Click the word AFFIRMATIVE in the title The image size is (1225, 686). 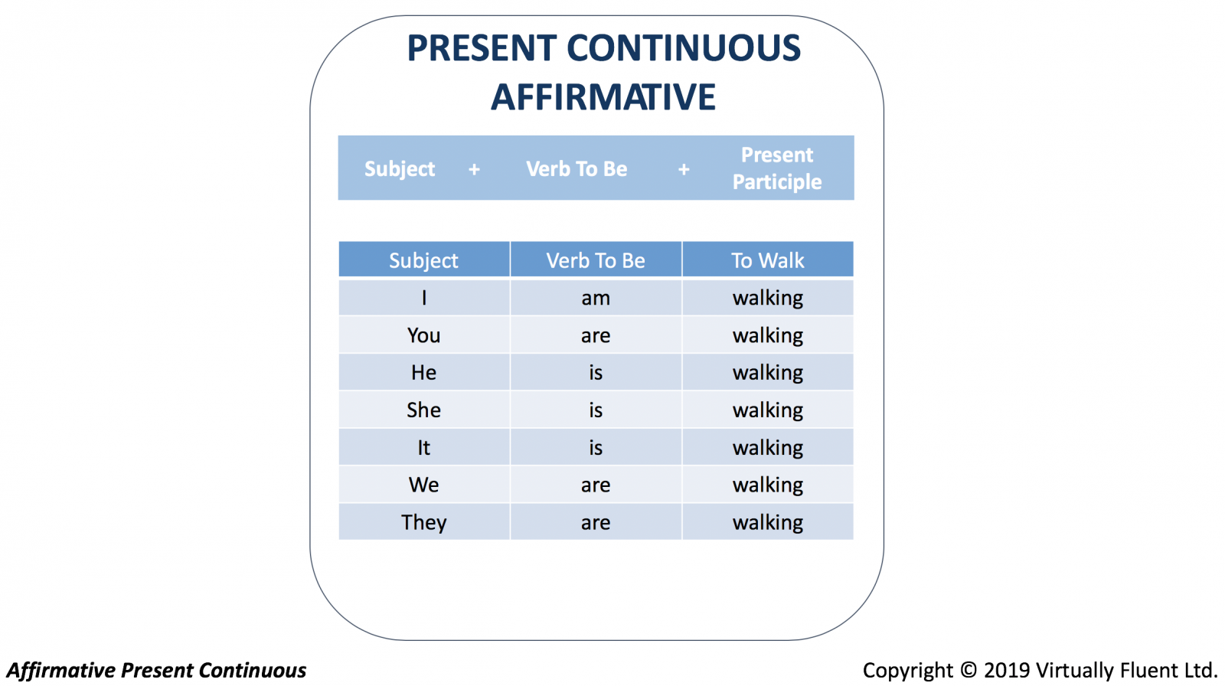tap(603, 97)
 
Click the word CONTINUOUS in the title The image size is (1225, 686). tap(684, 47)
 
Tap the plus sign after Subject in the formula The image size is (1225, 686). tap(474, 169)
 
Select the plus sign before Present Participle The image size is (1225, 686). tap(684, 169)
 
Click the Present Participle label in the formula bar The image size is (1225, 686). tap(776, 168)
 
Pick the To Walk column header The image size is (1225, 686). tap(768, 260)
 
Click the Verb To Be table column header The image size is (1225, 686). tap(596, 260)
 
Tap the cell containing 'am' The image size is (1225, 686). tap(596, 298)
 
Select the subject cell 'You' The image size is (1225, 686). tap(424, 335)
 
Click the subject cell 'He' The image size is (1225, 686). tap(424, 372)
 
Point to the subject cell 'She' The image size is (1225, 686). tap(424, 410)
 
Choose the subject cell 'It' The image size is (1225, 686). tap(424, 447)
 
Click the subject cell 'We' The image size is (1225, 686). tap(424, 484)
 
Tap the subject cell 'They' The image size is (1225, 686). tap(424, 522)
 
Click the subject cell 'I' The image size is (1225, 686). tap(424, 298)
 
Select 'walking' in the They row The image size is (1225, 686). tap(768, 522)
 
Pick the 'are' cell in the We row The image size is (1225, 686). tap(596, 484)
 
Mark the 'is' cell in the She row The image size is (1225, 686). tap(596, 410)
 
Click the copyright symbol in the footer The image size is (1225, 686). tap(969, 670)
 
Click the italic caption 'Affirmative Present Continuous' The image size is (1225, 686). tap(156, 670)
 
